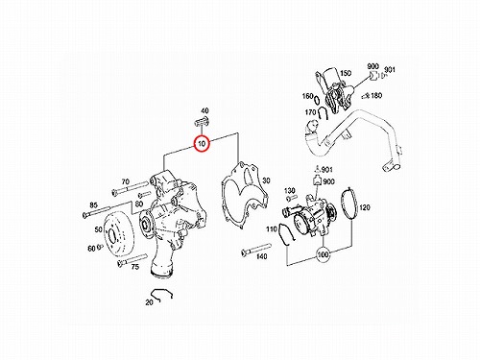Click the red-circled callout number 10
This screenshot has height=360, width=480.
(202, 144)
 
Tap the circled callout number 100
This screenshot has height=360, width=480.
(323, 254)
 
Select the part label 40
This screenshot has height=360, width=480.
(204, 110)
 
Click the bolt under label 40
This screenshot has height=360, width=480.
(201, 122)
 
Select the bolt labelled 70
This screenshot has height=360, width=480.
(131, 187)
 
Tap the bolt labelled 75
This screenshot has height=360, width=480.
(132, 259)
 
